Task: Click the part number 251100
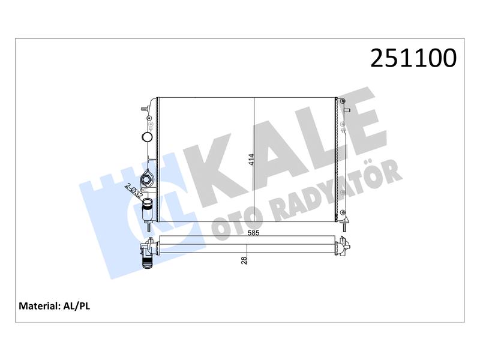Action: [x=413, y=58]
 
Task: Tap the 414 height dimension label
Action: [x=251, y=160]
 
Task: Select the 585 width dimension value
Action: [x=253, y=233]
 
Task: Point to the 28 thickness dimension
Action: [x=244, y=260]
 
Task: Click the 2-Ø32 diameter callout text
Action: [x=134, y=191]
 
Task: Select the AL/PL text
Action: [x=77, y=306]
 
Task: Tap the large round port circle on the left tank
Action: [x=147, y=137]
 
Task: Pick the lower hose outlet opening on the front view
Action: [x=148, y=202]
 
